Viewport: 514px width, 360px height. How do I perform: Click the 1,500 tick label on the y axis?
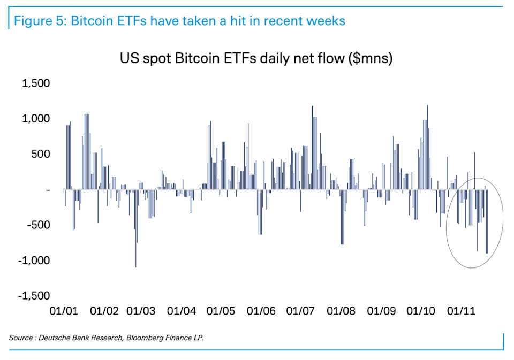pyautogui.click(x=35, y=83)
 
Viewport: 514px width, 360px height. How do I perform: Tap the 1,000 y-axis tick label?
pyautogui.click(x=35, y=119)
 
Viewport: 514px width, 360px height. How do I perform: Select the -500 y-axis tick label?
pyautogui.click(x=37, y=225)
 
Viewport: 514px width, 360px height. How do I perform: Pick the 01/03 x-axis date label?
pyautogui.click(x=141, y=310)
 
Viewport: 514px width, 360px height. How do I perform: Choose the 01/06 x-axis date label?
pyautogui.click(x=261, y=310)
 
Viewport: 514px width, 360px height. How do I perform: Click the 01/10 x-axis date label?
pyautogui.click(x=420, y=310)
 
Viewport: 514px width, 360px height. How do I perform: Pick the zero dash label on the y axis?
pyautogui.click(x=48, y=190)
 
